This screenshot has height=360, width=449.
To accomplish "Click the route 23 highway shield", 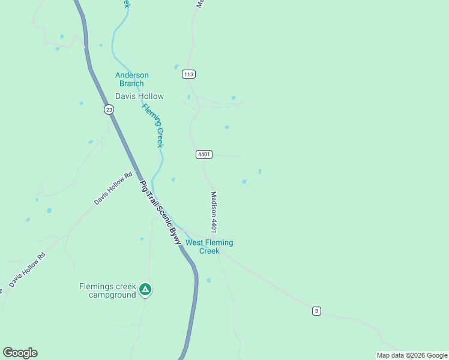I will tap(108, 109).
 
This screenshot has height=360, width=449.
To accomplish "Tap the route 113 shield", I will tap(189, 74).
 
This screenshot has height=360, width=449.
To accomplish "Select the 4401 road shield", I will tap(203, 154).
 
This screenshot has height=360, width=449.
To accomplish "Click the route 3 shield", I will tap(316, 310).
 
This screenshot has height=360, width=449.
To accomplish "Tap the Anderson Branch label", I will tap(132, 79).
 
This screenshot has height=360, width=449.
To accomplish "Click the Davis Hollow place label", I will tap(139, 96).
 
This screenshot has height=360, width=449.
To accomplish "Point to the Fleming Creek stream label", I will tap(153, 125).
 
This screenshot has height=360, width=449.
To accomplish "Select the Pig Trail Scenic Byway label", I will tap(160, 212).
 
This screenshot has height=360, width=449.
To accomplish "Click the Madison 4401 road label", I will tap(213, 212).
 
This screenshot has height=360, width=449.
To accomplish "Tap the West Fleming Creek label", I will tap(209, 247).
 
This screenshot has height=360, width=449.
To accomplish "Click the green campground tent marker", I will tap(145, 290).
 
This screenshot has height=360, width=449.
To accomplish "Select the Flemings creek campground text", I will tap(108, 290).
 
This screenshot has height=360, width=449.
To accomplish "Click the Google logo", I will tap(20, 353).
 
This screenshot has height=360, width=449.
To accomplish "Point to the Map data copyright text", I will tap(412, 355).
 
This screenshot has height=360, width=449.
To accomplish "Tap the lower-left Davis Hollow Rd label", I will tap(28, 269).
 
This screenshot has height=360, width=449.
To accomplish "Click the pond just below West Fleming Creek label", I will tap(208, 280).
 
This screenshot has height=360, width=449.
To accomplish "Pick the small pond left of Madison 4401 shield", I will tap(173, 179).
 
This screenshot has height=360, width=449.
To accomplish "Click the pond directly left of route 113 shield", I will tap(176, 67).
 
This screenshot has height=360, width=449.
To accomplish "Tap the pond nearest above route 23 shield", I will tap(80, 103).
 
